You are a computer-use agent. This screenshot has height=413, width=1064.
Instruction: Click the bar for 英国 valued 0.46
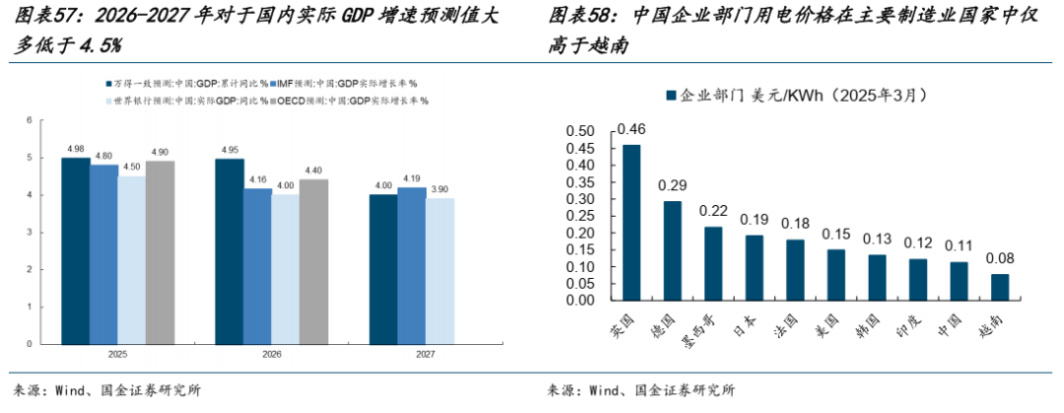631,222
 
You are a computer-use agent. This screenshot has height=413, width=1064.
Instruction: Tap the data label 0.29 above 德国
672,185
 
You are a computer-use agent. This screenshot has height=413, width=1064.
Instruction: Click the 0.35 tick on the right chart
581,182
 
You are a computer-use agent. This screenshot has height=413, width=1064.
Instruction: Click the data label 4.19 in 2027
412,178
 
